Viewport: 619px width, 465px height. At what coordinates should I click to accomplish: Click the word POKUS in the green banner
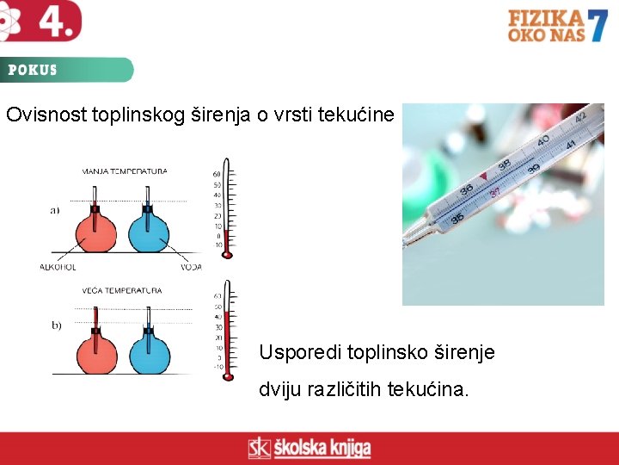33,71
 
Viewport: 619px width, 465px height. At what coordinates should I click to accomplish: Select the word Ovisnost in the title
46,115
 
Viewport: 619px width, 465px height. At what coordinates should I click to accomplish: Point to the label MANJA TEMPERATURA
125,171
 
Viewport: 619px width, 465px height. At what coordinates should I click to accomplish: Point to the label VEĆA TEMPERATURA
122,291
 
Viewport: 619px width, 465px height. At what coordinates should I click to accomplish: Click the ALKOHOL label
58,267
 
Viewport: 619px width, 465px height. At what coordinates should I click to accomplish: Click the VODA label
191,267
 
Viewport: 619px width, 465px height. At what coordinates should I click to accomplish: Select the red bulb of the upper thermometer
227,255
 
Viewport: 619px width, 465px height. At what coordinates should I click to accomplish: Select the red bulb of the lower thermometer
228,375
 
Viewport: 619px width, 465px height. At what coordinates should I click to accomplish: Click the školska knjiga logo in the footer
309,448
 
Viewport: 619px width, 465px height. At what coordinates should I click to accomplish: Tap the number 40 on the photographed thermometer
542,140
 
